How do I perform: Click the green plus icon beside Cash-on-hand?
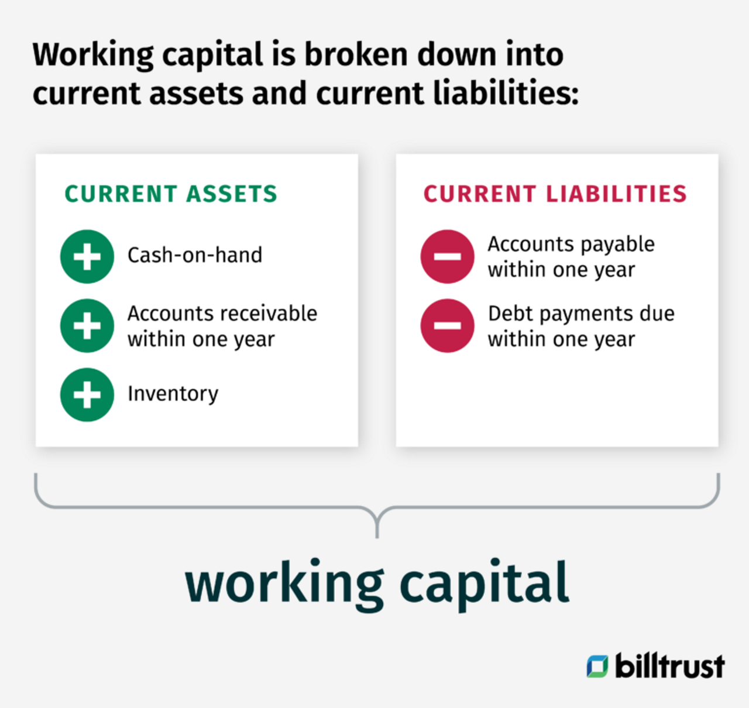87,256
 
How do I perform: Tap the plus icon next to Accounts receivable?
87,326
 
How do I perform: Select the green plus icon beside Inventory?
87,394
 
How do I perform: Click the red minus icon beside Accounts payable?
447,256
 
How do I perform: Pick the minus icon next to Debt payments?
447,326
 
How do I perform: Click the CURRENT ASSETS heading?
171,194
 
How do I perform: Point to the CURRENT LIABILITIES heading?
555,194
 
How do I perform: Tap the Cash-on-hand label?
195,255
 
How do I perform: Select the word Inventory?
173,394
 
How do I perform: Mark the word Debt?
510,314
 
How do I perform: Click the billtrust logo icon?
597,666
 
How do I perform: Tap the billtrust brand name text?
669,666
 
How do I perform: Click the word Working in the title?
93,55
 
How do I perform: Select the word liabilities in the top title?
506,94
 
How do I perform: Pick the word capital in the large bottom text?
484,584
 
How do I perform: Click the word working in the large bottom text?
284,584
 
